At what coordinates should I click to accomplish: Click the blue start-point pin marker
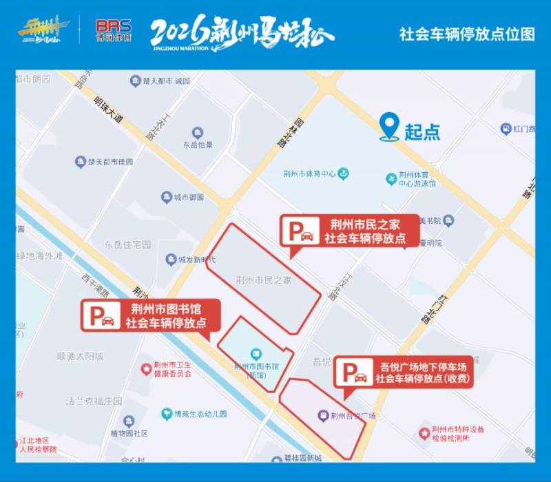coord(390,127)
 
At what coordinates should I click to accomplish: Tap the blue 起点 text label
coord(422,132)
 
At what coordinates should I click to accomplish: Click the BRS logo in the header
coord(114,31)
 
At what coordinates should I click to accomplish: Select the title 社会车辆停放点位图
coord(466,34)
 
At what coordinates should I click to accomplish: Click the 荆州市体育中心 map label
coord(311,174)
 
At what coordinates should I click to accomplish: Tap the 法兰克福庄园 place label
coord(94,401)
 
